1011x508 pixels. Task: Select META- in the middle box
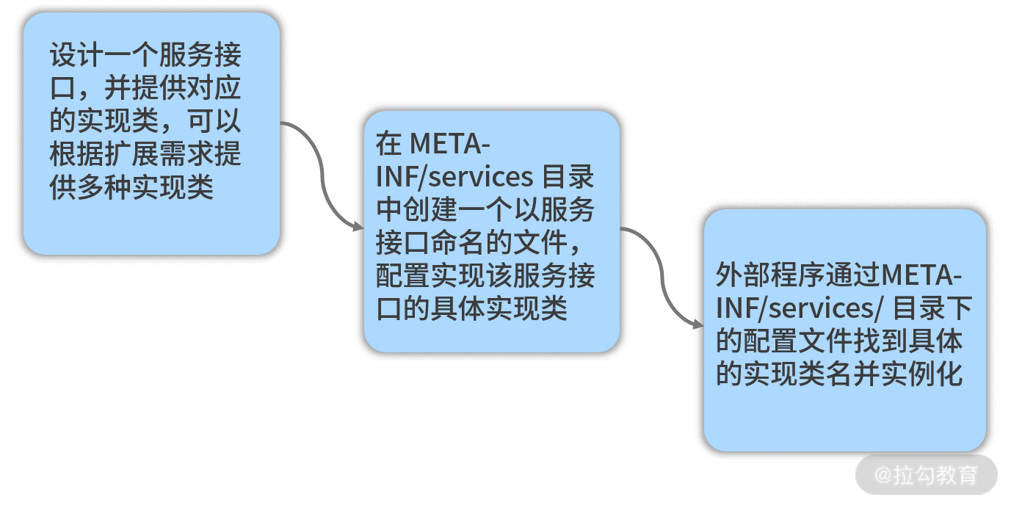(x=449, y=144)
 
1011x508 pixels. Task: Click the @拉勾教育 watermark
(x=927, y=475)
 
